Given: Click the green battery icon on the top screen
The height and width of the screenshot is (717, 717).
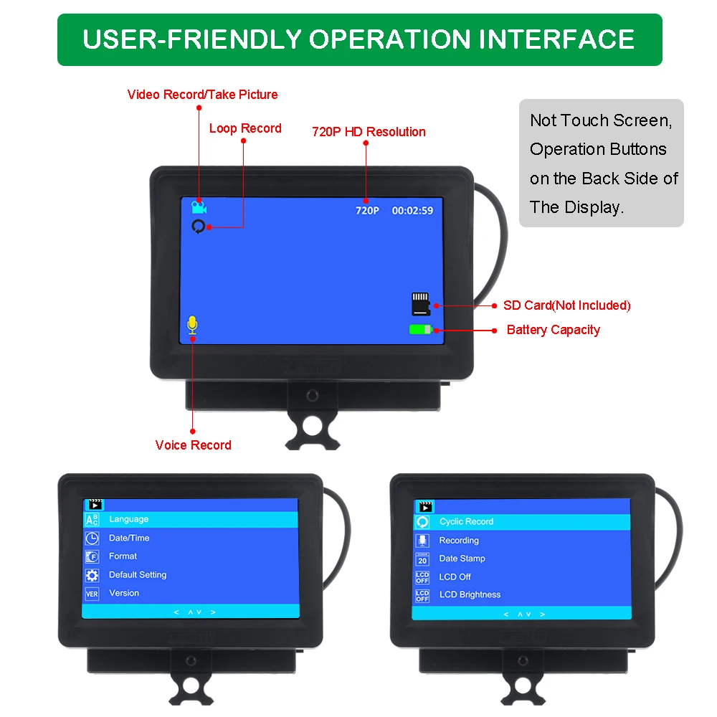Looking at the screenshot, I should click(422, 330).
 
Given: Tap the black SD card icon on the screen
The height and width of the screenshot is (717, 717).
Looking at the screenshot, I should click(421, 304).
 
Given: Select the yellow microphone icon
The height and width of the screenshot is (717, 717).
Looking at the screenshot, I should click(191, 326).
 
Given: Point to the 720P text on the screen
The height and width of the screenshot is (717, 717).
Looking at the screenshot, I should click(367, 211).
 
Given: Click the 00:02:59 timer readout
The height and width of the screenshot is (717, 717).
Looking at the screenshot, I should click(412, 211).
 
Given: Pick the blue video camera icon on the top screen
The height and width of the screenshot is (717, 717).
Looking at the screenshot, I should click(199, 208).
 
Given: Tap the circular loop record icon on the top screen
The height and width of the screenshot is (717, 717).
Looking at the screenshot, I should click(199, 227).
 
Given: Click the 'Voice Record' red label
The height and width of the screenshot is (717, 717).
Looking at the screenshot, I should click(193, 445).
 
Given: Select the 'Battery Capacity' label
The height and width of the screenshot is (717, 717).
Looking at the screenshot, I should click(553, 330).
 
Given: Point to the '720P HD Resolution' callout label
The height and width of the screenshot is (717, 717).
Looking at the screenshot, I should click(369, 132).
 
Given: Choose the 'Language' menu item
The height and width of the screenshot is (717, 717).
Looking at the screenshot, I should click(129, 519).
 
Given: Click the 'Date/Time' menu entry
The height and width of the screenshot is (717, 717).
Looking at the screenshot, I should click(129, 538).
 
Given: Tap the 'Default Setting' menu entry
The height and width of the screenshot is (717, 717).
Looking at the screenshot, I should click(138, 575).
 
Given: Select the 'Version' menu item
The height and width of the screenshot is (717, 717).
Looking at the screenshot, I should click(124, 593).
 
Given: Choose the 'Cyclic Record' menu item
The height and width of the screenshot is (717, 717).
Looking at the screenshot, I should click(466, 522).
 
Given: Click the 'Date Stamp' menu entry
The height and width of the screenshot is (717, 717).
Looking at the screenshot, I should click(462, 559).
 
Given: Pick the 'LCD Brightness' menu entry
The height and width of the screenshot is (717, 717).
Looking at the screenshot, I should click(470, 594).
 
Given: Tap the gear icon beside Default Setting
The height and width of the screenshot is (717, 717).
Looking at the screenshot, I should click(92, 575).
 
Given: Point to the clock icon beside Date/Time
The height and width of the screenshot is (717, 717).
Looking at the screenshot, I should click(92, 538).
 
